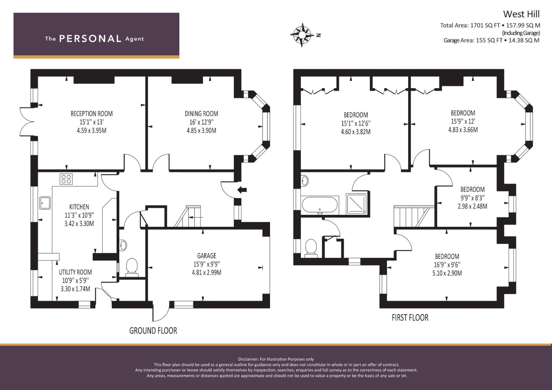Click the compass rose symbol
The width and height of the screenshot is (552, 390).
click(302, 35)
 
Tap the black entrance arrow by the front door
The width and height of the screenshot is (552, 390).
click(242, 190)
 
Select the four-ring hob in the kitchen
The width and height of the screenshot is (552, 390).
click(66, 179)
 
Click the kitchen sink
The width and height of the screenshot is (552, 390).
click(45, 203)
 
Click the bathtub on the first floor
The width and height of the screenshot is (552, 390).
click(320, 205)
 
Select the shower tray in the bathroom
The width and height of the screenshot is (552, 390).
click(357, 203)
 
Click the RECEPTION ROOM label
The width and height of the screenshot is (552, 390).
click(92, 114)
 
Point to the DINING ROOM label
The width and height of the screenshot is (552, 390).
click(201, 114)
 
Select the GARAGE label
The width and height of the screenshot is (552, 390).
click(206, 256)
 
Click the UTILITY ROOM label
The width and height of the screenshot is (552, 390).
click(75, 272)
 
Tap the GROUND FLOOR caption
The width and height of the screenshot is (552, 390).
click(153, 330)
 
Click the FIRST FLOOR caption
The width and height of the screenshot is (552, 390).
click(410, 318)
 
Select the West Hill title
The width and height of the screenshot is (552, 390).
click(521, 14)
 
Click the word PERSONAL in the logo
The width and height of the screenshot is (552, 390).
click(90, 39)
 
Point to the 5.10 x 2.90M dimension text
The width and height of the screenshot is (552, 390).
click(447, 273)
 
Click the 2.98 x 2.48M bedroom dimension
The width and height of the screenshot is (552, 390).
click(472, 206)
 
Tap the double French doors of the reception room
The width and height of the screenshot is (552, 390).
click(27, 121)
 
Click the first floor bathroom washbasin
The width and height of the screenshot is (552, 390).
click(305, 181)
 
